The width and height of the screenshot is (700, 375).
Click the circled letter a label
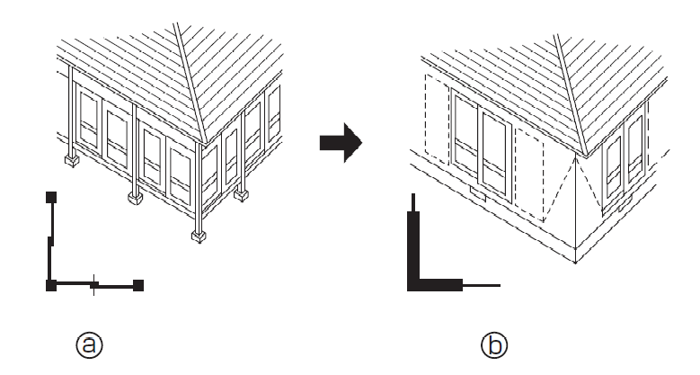tap(89, 344)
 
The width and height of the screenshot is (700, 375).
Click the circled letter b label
tap(494, 344)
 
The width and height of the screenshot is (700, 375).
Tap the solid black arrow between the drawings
tap(341, 143)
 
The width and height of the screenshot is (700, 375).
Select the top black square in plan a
tap(51, 197)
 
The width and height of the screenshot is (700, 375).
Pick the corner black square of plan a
tap(51, 285)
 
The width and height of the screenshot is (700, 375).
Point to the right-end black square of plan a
tap(138, 285)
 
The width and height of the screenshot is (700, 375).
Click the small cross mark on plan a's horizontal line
tap(93, 285)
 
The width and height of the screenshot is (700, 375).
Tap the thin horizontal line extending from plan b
tap(482, 285)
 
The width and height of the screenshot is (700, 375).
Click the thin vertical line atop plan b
tap(413, 202)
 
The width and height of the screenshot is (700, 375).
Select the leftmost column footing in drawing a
tap(71, 159)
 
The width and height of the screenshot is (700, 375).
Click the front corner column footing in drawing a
tap(199, 236)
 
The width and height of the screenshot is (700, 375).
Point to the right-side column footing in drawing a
tap(241, 195)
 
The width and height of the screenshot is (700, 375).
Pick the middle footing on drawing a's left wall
tap(136, 197)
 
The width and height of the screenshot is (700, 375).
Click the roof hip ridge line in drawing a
tap(190, 83)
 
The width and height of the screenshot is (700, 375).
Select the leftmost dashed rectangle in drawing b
tap(437, 119)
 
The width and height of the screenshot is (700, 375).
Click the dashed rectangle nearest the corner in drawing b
tap(529, 175)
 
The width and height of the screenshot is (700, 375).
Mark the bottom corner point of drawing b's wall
tap(575, 263)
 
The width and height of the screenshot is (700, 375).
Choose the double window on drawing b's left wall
tap(481, 143)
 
